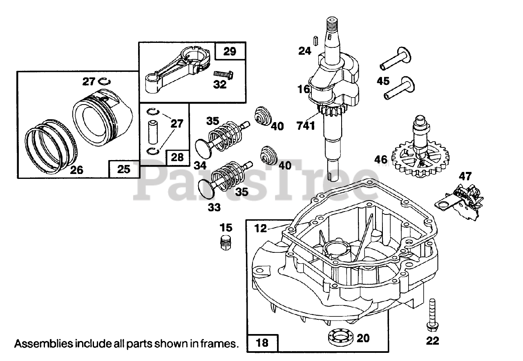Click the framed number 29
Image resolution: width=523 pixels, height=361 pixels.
pyautogui.click(x=230, y=51)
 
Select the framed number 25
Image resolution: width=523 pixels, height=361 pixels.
pyautogui.click(x=124, y=169)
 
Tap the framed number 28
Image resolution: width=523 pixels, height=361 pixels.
pyautogui.click(x=177, y=157)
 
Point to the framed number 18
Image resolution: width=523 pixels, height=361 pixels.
pyautogui.click(x=262, y=343)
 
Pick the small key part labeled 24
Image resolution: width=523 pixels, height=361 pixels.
pyautogui.click(x=316, y=41)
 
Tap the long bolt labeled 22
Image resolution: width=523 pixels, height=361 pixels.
pyautogui.click(x=432, y=316)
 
